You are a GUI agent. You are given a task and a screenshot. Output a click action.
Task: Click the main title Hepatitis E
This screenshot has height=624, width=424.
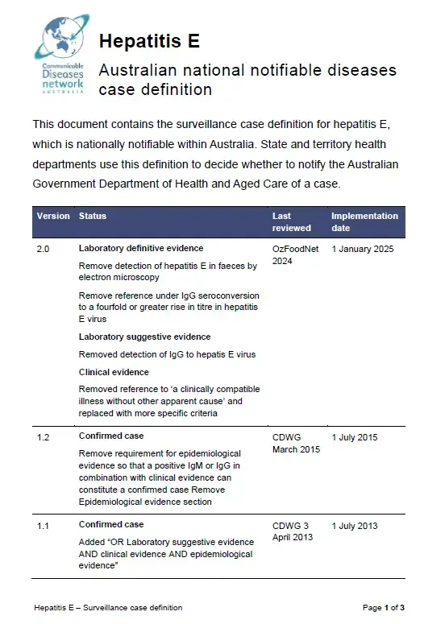click(149, 41)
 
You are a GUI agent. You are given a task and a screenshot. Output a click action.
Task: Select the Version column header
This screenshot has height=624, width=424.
click(53, 216)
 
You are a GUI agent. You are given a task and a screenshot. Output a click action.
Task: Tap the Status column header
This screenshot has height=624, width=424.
click(92, 216)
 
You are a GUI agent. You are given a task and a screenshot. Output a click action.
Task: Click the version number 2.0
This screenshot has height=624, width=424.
click(44, 249)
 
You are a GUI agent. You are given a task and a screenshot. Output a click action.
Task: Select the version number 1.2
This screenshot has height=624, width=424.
click(44, 437)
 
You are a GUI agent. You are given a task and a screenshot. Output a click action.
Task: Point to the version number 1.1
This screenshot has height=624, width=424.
click(44, 526)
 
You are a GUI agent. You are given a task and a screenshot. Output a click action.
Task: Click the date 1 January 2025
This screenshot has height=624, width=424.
click(362, 249)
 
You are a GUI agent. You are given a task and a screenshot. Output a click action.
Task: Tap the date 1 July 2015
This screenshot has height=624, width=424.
click(354, 437)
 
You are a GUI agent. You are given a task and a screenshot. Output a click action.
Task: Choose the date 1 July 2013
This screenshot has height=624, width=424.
click(354, 526)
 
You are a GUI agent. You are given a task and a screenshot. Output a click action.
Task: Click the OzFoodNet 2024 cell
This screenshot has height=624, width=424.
click(294, 254)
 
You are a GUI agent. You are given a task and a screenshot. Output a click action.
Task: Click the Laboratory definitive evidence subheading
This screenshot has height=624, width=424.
click(140, 248)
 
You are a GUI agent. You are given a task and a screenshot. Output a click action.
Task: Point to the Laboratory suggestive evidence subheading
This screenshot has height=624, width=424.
click(144, 337)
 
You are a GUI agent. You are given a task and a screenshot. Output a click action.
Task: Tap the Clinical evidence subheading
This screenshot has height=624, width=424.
click(114, 372)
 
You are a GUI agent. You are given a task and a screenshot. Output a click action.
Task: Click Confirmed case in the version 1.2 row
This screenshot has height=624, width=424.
click(111, 436)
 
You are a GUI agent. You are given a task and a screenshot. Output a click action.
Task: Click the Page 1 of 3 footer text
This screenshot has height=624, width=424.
click(384, 607)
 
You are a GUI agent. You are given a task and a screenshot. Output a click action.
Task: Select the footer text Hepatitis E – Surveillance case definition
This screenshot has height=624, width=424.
click(108, 607)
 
